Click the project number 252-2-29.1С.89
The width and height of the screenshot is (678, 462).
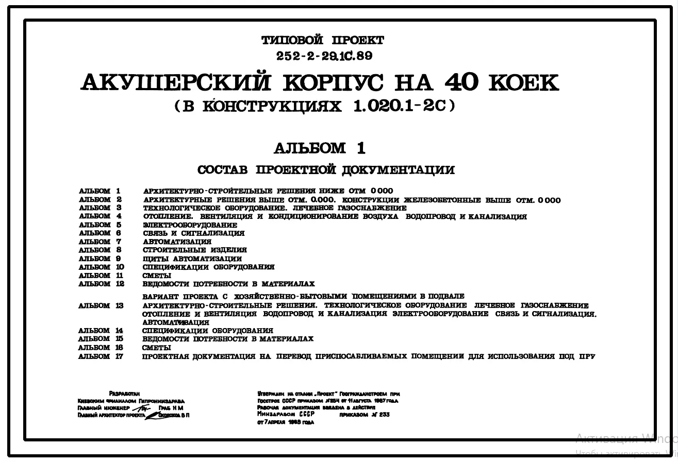323,56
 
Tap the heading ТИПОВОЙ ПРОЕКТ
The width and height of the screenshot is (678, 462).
323,40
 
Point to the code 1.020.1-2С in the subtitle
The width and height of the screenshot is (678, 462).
400,106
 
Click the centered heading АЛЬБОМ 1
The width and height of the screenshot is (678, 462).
319,148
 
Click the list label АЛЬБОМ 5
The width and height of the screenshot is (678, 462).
100,225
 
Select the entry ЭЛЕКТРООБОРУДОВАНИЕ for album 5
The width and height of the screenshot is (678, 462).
190,225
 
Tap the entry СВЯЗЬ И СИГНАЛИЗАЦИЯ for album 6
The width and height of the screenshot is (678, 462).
193,233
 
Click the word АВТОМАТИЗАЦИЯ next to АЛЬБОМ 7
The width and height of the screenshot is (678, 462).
177,242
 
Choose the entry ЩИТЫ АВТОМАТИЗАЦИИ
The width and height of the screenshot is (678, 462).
192,259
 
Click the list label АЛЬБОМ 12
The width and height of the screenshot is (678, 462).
102,284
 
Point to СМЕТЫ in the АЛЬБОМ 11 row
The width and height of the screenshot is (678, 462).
157,276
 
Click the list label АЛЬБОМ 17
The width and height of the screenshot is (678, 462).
101,356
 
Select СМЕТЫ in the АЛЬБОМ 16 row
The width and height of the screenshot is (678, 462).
156,348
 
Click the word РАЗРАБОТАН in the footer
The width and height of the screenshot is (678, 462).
124,393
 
